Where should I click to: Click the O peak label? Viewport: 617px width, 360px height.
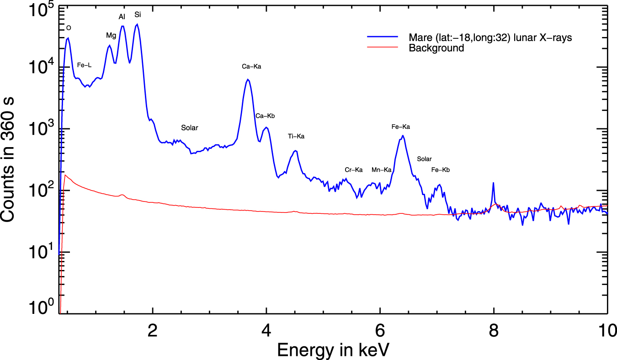69,28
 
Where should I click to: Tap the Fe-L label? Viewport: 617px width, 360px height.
84,65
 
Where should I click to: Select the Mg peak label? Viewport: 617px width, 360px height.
111,35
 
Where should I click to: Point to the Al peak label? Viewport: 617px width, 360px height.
122,17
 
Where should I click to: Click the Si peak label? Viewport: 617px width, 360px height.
138,15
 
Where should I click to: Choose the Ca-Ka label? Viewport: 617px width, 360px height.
251,67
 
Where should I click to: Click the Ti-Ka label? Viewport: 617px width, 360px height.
296,136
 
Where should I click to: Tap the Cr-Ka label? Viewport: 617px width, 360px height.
353,170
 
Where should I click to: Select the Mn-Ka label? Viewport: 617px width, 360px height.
381,170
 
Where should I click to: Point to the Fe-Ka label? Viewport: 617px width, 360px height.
401,127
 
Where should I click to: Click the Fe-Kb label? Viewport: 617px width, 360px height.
441,170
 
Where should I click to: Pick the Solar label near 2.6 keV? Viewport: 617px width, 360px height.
190,128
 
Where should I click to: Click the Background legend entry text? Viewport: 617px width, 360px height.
436,48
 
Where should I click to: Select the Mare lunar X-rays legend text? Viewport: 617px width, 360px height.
490,38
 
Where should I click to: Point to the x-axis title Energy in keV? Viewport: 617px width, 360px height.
333,350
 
